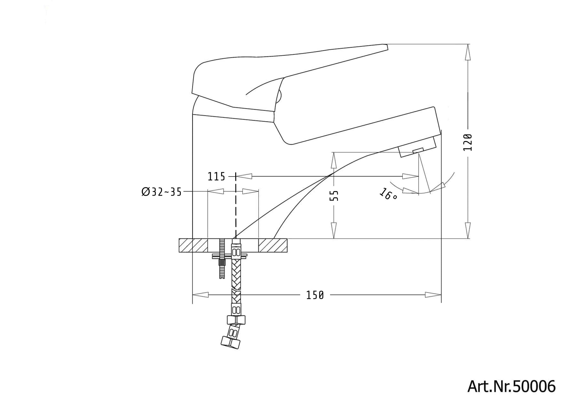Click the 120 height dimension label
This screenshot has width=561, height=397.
(x=468, y=142)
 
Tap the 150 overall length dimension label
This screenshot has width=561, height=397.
(x=315, y=295)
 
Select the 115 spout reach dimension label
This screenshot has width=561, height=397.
(x=216, y=176)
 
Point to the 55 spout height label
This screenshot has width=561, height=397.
(x=334, y=196)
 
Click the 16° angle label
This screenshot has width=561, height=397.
(x=388, y=194)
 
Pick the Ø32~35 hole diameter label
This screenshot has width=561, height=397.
(x=161, y=192)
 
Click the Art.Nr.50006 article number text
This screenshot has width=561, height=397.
(x=511, y=386)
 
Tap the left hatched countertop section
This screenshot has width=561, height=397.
(x=193, y=246)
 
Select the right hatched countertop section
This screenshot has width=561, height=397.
(x=273, y=246)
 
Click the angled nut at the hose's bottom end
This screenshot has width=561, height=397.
(x=230, y=342)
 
